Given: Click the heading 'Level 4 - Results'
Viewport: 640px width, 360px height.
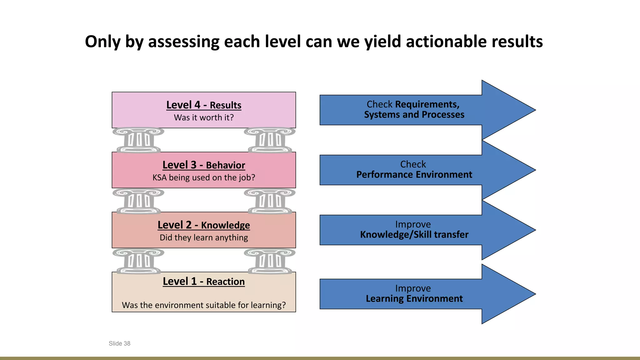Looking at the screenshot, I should coord(204,105).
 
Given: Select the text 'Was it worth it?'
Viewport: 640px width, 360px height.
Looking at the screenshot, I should coord(204,117).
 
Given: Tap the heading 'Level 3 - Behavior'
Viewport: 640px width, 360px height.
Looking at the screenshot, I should coord(204,165).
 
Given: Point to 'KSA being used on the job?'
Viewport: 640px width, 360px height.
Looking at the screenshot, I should coord(204,177).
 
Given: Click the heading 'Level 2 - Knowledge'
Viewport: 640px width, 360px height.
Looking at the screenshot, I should coord(204,225).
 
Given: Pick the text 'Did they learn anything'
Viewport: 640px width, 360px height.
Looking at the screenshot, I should coord(204,237).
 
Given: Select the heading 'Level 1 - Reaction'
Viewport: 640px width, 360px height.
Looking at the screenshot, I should coord(204,281).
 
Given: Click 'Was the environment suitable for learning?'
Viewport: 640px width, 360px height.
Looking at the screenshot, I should coord(204,305).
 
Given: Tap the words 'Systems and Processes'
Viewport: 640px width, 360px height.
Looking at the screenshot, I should coord(414,115).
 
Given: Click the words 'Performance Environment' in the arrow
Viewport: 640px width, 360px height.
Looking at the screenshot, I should coord(414,175).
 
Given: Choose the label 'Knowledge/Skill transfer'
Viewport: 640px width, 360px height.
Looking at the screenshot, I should coord(414,235).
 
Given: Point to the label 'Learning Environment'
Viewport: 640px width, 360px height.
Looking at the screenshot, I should coord(414,299).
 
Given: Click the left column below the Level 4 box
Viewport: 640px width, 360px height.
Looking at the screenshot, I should coord(138,140).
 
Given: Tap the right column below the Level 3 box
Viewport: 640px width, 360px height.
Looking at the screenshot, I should coord(270,201).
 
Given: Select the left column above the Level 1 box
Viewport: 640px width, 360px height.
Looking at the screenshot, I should coord(138,261).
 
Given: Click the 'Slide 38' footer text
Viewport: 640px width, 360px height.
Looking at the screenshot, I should coord(119,343).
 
